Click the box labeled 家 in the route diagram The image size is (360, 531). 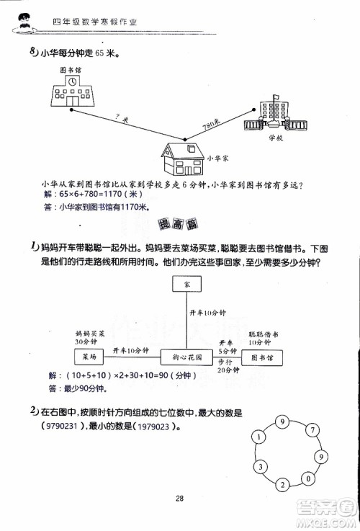coord(187,286)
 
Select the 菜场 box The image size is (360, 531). coord(89,357)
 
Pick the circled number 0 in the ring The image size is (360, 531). coord(307,478)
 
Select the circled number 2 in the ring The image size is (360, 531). coord(283,483)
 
